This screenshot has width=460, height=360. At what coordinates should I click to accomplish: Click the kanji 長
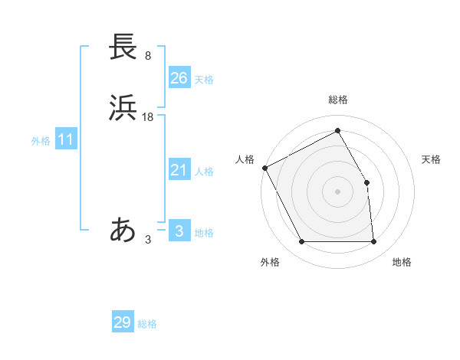123,47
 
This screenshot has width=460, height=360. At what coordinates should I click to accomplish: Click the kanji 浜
123,108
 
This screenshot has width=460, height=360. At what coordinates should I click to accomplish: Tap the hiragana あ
123,230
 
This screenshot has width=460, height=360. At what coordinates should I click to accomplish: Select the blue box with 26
179,77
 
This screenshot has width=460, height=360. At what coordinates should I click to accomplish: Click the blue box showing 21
179,170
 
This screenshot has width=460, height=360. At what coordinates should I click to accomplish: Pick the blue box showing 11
66,140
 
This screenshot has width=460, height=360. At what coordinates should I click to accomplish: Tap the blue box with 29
122,322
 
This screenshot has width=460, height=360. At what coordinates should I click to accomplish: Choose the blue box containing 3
179,231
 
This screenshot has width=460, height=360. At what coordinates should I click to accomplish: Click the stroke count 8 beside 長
148,56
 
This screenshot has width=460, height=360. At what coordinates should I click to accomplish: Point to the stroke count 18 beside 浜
148,117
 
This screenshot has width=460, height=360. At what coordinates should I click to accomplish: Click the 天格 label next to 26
204,80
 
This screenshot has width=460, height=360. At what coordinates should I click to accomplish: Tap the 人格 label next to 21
204,172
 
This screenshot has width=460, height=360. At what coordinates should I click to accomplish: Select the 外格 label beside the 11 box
41,142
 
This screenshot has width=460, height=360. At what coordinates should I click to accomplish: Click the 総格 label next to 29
148,324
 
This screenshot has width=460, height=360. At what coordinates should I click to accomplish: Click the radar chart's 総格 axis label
338,100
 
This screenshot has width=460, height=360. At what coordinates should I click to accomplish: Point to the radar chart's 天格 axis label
432,159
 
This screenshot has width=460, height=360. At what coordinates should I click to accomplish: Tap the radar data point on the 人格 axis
264,168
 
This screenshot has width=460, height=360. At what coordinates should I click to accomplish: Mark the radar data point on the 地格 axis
374,242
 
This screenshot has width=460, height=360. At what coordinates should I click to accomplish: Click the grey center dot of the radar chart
337,191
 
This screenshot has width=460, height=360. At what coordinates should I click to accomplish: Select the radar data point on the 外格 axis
301,242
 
